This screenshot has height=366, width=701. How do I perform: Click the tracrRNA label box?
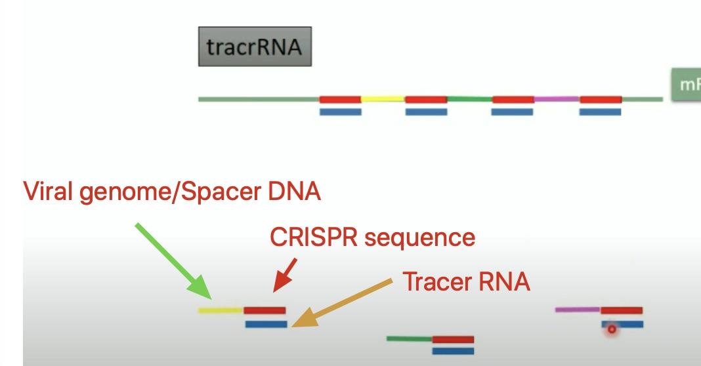[x=255, y=47]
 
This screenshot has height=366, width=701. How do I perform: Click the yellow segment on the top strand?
[x=383, y=100]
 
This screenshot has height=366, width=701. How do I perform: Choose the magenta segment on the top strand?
[x=557, y=100]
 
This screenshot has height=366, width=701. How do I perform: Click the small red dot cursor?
[x=612, y=329]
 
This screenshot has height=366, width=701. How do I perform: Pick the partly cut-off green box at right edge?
[x=685, y=85]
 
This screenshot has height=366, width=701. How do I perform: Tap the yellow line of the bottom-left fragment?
[x=221, y=310]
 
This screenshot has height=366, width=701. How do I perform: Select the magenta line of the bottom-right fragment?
[x=578, y=310]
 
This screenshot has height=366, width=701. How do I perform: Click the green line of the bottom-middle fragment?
[x=409, y=338]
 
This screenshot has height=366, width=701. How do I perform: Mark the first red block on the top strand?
[x=340, y=100]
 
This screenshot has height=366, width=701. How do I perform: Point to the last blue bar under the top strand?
[x=600, y=112]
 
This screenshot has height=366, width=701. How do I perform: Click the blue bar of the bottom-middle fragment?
[x=453, y=351]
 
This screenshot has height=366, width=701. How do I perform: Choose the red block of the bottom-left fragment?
[x=265, y=310]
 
